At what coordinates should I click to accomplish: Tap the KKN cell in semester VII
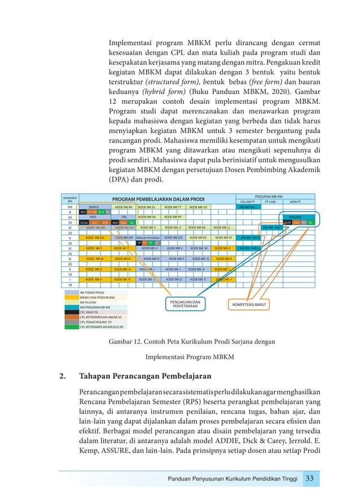point(94,216)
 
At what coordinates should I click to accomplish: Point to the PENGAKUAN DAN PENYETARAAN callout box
point(185,304)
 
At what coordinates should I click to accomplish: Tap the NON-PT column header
point(295,201)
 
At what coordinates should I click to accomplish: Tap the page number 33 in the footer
point(309,478)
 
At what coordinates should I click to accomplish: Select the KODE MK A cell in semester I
point(94,279)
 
